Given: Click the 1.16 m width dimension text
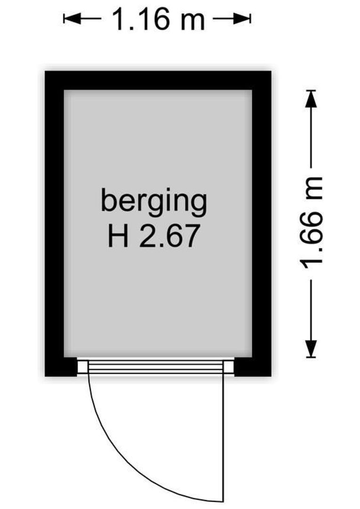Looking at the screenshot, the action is click(158, 19).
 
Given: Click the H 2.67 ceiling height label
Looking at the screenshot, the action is click(153, 236).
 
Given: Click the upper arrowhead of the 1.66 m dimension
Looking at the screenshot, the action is click(311, 99).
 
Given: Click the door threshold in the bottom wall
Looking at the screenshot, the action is click(155, 367).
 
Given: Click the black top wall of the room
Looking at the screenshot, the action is click(158, 80).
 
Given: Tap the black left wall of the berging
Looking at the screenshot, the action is click(54, 223).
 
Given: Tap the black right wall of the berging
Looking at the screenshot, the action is click(262, 223).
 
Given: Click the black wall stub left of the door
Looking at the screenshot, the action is click(61, 367).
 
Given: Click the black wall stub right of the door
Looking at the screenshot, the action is click(253, 367).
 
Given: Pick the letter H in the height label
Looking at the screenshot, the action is click(118, 236).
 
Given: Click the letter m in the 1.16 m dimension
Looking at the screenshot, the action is click(191, 22).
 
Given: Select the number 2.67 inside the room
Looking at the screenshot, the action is click(169, 236).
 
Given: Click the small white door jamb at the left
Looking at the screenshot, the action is click(82, 367).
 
